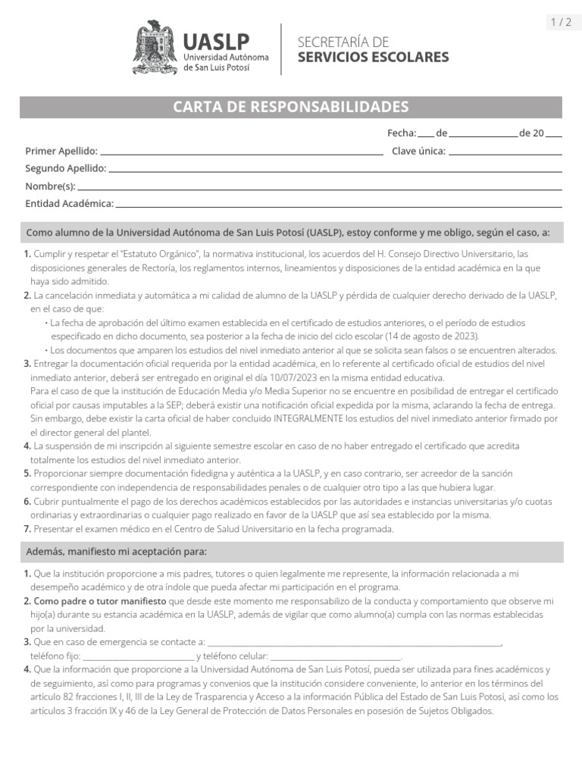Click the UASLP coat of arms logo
[155, 47]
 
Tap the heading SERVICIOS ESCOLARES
[372, 58]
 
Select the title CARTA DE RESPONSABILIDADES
[291, 107]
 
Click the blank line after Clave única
[505, 153]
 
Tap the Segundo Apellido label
[65, 168]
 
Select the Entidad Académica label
[69, 203]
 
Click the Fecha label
[402, 133]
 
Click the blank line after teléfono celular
[335, 657]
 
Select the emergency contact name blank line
[355, 643]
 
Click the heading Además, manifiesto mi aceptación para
[116, 552]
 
